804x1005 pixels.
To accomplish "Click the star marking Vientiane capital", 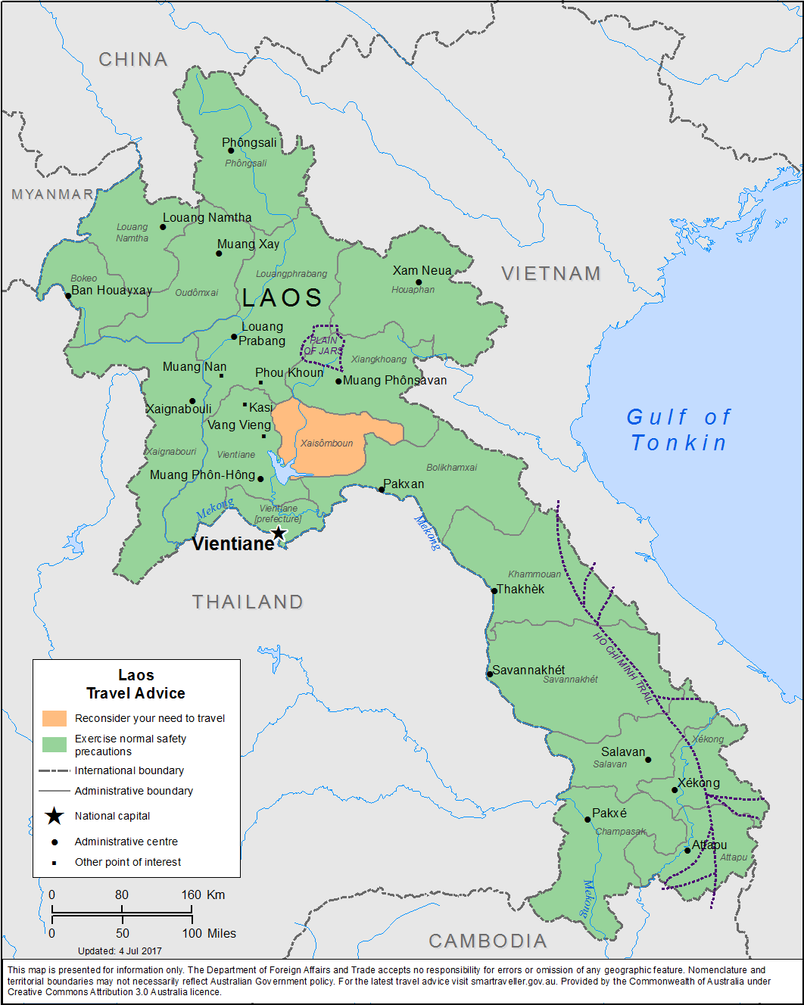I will pos(279,534).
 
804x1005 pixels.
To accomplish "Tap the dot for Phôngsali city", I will pos(231,151).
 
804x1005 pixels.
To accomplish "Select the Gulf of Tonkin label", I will pos(679,430).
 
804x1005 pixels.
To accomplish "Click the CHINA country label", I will pos(133,59).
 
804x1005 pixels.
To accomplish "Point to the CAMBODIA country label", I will pos(488,941).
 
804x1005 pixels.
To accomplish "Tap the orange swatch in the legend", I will pos(55,718).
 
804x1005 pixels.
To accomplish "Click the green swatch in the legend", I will pos(55,745).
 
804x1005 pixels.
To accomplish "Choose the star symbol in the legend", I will pos(55,816).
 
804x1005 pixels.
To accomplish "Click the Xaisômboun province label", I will pos(326,443).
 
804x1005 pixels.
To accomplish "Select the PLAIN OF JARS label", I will pos(323,346).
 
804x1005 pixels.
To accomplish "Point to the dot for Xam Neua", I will pos(419,282).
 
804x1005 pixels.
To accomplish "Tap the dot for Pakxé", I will pos(587,820).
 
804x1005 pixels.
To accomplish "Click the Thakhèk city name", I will pos(521,589).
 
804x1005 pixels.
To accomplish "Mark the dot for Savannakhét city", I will pos(490,674).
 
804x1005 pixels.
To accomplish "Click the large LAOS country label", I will pos(282,297).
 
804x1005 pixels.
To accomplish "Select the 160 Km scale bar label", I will pos(202,895).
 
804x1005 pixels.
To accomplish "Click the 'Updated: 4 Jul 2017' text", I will pos(120,951).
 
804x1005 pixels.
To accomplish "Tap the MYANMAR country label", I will pos(52,194).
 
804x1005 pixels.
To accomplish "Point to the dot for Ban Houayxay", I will pos(68,295).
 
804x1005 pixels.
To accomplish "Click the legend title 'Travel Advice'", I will pos(136,693).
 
